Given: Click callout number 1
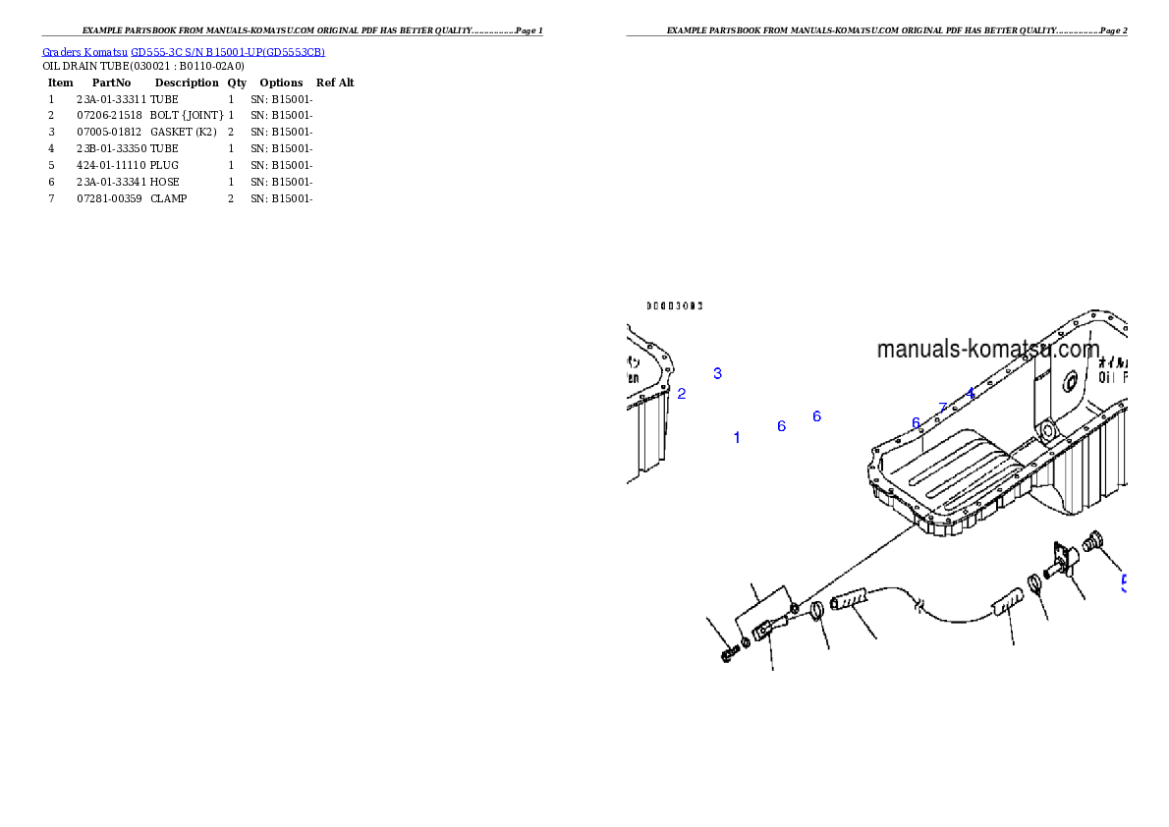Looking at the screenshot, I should click(x=737, y=438).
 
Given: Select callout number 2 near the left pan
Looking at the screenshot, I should click(x=682, y=394).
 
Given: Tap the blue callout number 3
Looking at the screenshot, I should click(x=718, y=373).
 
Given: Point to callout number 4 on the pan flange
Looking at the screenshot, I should click(x=970, y=393).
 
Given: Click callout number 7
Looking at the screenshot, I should click(x=943, y=408).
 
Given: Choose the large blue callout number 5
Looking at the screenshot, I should click(x=1123, y=583).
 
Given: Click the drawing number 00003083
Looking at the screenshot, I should click(x=674, y=305).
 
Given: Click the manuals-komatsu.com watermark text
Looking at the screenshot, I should click(x=987, y=350).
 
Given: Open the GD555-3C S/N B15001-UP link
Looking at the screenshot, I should click(x=228, y=52).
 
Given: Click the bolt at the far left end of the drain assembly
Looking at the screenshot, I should click(x=728, y=653).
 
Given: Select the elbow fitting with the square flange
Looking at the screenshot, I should click(x=1063, y=562).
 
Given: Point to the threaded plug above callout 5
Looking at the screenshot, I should click(x=1092, y=538).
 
